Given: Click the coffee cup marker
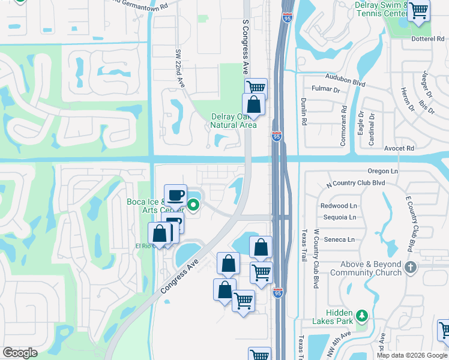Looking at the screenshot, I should (176, 195).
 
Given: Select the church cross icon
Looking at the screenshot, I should (410, 267).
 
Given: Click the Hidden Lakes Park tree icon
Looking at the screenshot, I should (361, 315).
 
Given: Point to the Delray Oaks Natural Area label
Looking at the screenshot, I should (234, 121).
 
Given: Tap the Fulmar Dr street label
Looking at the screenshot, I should (325, 90).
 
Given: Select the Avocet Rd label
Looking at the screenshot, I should (401, 148).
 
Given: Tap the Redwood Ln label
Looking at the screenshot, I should (339, 206).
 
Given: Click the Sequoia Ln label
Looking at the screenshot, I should (339, 217).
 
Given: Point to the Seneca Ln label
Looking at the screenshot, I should (339, 239).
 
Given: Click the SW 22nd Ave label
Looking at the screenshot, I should (178, 68).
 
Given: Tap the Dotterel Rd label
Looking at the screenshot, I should (427, 39).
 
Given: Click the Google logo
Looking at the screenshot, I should (20, 353).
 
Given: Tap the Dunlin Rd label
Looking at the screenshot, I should (304, 110).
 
